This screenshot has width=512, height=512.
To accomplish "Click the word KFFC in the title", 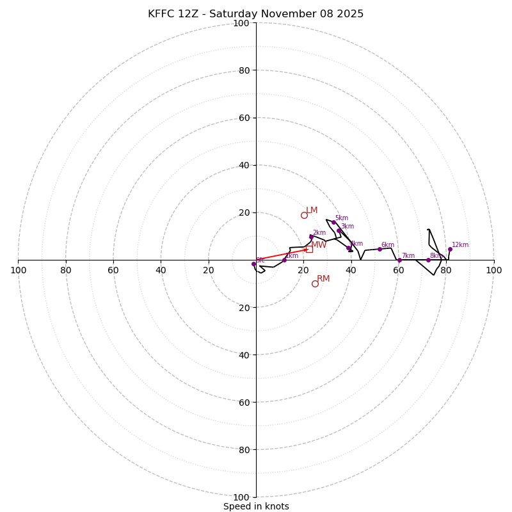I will pyautogui.click(x=161, y=14).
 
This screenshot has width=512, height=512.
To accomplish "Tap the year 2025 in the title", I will pyautogui.click(x=351, y=14).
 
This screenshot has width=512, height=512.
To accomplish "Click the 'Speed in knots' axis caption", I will pyautogui.click(x=256, y=506).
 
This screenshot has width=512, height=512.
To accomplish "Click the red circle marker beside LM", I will pyautogui.click(x=304, y=215).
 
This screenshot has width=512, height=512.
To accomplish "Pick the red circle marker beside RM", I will pyautogui.click(x=315, y=284).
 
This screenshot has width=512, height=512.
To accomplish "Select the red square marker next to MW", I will pyautogui.click(x=309, y=249).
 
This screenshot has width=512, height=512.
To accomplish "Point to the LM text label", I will pyautogui.click(x=312, y=211).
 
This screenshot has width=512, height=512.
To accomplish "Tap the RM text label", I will pyautogui.click(x=323, y=279).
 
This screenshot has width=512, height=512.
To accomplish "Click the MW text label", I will pyautogui.click(x=319, y=245).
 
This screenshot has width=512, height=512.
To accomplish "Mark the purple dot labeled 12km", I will pyautogui.click(x=450, y=250).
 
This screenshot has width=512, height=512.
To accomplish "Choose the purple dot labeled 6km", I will pyautogui.click(x=380, y=249).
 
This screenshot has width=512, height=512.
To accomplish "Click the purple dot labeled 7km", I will pyautogui.click(x=399, y=260).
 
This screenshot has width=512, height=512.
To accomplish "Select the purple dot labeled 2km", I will pyautogui.click(x=311, y=237).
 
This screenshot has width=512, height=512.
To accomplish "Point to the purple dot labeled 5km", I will pyautogui.click(x=333, y=223).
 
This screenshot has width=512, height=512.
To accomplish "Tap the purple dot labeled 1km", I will pyautogui.click(x=284, y=260).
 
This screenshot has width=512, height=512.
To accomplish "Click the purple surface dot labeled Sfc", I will pyautogui.click(x=253, y=264).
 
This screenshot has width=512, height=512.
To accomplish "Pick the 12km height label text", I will pyautogui.click(x=460, y=245).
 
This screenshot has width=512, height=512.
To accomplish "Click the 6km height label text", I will pyautogui.click(x=388, y=245).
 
